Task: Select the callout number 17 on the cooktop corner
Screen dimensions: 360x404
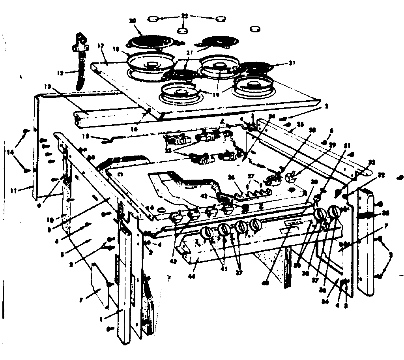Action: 101,46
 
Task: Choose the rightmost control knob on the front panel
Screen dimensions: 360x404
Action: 334,212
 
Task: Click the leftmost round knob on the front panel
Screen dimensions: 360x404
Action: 206,233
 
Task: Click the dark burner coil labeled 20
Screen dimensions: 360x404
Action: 148,41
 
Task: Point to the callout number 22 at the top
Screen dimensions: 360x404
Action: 183,16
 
